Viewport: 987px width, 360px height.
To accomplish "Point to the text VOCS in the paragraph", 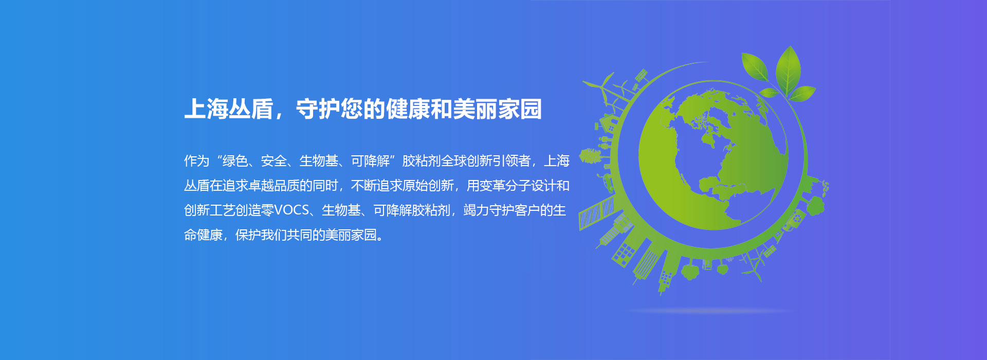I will click(291, 210).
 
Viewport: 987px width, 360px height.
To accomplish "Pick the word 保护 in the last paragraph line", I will click(248, 235).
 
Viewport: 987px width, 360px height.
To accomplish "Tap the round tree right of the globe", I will click(815, 206).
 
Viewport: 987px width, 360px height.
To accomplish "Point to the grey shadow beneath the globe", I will click(712, 311).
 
